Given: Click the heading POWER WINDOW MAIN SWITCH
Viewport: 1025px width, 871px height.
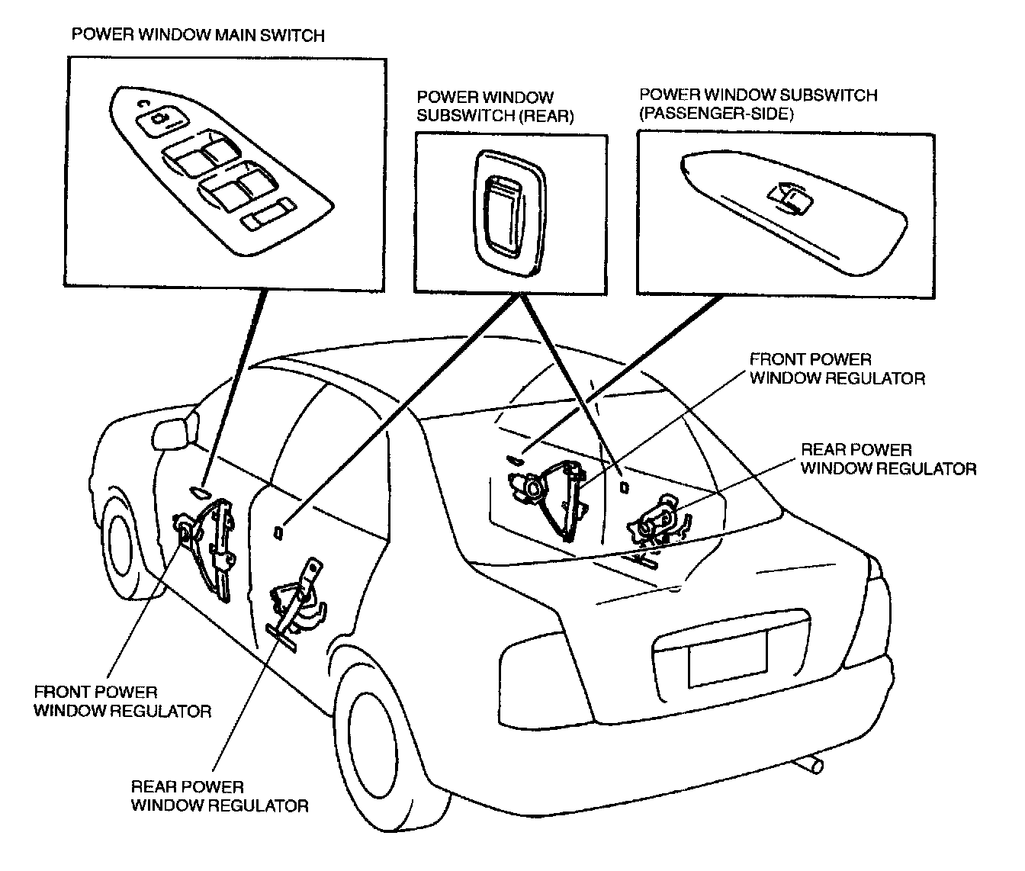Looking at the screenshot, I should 198,35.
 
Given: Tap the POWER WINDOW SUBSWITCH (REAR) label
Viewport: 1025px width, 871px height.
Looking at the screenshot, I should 495,107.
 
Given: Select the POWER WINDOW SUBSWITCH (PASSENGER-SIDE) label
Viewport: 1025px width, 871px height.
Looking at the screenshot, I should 758,104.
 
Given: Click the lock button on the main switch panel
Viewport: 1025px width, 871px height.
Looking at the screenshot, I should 159,118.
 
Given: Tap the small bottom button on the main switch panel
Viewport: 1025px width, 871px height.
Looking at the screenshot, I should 268,215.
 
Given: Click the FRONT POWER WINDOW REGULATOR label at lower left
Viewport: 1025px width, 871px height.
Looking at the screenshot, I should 122,701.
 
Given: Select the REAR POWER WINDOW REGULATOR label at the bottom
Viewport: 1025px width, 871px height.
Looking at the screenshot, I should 220,795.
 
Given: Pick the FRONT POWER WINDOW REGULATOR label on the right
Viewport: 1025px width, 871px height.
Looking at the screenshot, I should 837,368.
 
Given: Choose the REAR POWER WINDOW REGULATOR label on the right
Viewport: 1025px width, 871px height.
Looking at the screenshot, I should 888,459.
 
